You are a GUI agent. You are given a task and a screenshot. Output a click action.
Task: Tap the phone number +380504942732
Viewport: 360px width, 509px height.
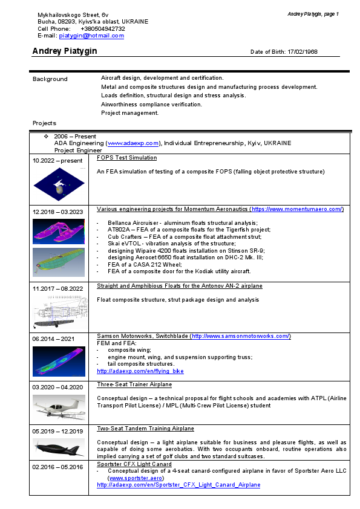[103, 28]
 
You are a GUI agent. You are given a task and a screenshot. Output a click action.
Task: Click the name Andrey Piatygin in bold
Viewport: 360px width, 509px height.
[65, 51]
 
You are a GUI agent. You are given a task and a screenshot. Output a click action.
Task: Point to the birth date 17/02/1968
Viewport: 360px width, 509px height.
[303, 52]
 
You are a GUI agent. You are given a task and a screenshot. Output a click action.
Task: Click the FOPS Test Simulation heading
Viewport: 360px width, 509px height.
[127, 158]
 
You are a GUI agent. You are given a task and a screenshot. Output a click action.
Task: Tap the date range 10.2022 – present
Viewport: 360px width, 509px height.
[57, 161]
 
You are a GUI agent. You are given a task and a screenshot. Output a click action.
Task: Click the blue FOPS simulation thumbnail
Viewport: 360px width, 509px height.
[58, 184]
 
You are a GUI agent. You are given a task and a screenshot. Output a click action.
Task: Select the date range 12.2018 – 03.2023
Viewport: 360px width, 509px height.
[58, 212]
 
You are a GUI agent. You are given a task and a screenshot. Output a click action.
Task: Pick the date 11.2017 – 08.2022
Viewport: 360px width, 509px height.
[58, 288]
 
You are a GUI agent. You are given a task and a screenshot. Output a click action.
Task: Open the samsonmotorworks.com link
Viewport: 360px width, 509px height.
[240, 336]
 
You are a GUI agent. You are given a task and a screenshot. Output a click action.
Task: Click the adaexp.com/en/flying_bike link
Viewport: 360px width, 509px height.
[140, 371]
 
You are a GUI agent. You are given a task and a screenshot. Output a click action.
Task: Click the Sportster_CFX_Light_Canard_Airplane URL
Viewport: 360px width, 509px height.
[178, 484]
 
